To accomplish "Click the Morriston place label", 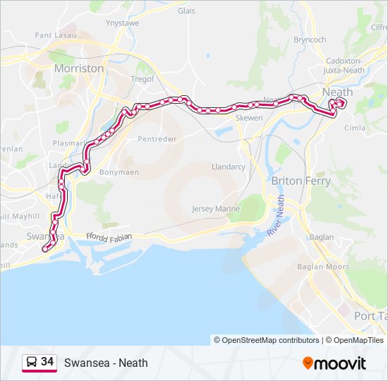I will tap(80, 68).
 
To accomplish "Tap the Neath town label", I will tap(337, 92).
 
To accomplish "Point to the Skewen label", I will tap(249, 118).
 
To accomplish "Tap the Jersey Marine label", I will tap(216, 210).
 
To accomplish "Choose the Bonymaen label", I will tap(119, 172).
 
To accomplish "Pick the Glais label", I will tap(186, 11).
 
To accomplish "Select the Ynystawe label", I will tap(122, 23).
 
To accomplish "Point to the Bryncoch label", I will tap(310, 40).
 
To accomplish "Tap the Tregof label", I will tap(143, 80).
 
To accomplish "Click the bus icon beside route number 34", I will tap(32, 363).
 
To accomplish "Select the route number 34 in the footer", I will tap(47, 362).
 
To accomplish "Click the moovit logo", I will tap(334, 363).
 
